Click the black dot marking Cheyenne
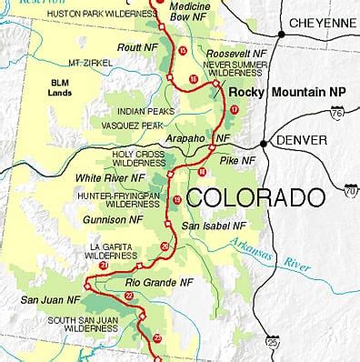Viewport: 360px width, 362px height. pyautogui.click(x=282, y=35)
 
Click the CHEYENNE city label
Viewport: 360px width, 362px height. pyautogui.click(x=322, y=22)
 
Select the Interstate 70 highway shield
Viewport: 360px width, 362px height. pyautogui.click(x=350, y=190)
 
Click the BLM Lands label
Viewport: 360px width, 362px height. pyautogui.click(x=59, y=87)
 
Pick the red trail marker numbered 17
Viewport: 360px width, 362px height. pyautogui.click(x=234, y=109)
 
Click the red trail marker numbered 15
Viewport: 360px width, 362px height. pyautogui.click(x=183, y=51)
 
